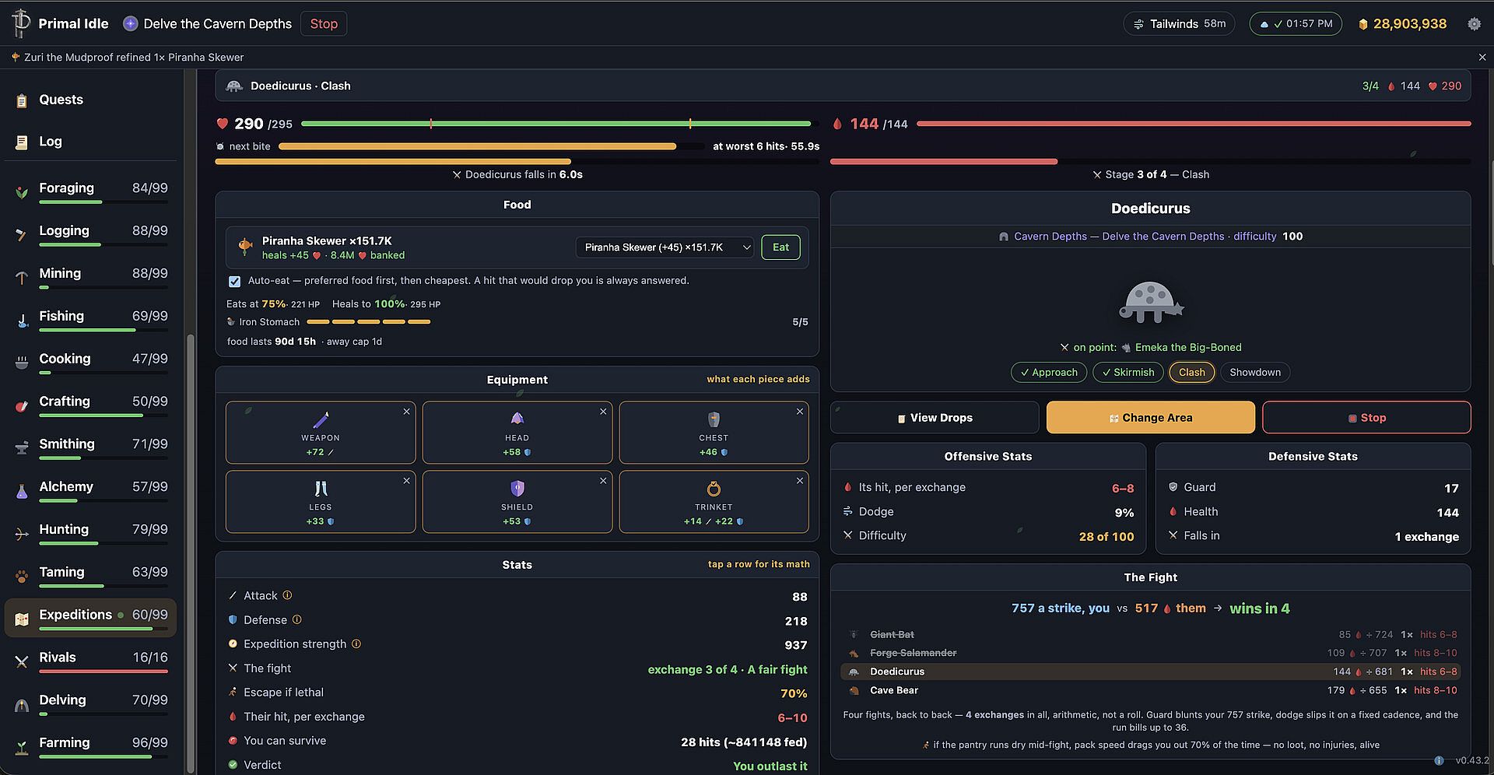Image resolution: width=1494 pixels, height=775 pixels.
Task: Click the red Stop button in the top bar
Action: click(324, 24)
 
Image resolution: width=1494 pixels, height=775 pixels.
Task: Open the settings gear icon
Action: click(1474, 24)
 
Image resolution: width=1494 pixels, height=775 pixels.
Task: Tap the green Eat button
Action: click(780, 247)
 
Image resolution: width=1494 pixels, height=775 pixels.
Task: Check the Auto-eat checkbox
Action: click(234, 281)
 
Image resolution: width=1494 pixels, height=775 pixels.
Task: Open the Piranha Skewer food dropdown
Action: click(665, 247)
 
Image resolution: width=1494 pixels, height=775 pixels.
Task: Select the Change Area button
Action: click(1150, 418)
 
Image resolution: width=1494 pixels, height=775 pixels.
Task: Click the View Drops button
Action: click(935, 418)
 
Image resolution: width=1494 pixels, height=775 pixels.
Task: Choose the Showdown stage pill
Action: click(1254, 373)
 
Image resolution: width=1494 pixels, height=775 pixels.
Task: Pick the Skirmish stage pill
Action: click(1128, 373)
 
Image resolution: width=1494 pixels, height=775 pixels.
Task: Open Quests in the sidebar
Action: click(61, 100)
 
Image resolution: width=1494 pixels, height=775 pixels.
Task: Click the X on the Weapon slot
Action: click(406, 412)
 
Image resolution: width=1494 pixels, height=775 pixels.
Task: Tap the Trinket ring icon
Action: click(714, 489)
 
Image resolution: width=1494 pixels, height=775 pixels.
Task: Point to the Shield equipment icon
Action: click(517, 488)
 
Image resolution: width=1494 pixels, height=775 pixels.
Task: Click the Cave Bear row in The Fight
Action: click(1150, 690)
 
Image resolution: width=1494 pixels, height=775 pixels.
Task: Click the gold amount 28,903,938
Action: click(1409, 24)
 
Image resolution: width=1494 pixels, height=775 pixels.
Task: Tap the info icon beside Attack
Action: click(287, 595)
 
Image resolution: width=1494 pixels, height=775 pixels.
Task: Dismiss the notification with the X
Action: click(1482, 58)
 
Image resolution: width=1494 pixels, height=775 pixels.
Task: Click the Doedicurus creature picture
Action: click(1150, 302)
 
